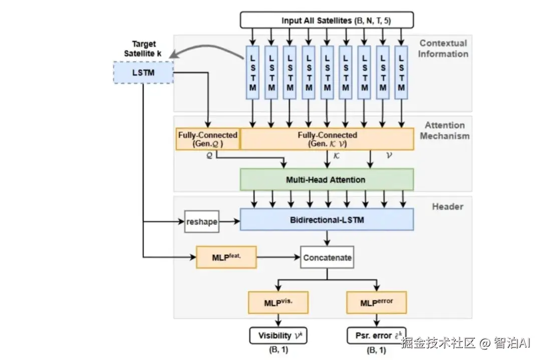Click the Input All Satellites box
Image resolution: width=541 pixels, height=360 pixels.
pos(327,21)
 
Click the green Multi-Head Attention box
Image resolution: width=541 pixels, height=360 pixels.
pos(327,179)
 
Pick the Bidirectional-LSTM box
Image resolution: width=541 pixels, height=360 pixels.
pos(327,220)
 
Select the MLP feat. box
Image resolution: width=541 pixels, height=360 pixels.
pos(226,257)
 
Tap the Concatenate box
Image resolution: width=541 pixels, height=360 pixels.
pos(327,258)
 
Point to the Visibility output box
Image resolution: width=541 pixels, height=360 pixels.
pos(278,335)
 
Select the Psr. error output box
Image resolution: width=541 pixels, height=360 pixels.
pos(376,335)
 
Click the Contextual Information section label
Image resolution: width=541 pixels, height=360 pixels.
pos(443,49)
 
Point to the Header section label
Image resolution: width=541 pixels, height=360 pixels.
pos(447,206)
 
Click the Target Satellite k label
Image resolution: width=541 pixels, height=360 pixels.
pos(143,49)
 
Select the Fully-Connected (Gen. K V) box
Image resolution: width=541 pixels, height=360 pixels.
pos(327,139)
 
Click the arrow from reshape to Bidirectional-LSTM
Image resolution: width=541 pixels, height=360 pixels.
pos(230,220)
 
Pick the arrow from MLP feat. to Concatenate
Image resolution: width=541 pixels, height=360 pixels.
pos(278,258)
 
